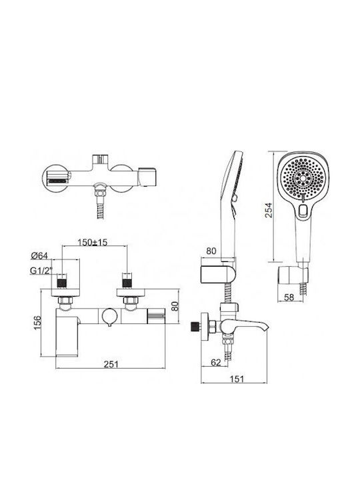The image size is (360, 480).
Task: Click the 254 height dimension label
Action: click(x=269, y=210)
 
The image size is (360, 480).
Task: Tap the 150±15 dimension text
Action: click(x=93, y=243)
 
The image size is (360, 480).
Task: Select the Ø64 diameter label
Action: click(x=39, y=255)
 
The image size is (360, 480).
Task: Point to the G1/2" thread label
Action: click(x=41, y=271)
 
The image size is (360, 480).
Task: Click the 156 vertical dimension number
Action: click(x=37, y=323)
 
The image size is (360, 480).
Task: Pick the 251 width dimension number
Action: click(x=111, y=364)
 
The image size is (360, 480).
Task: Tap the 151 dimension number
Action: click(x=237, y=379)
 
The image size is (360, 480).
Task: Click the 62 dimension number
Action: click(x=216, y=363)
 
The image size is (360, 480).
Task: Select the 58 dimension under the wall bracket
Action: click(x=289, y=297)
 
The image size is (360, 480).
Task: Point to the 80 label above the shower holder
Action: click(x=211, y=251)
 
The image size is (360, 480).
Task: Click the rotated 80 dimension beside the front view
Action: click(x=175, y=306)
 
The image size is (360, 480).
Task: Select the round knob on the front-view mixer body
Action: click(x=109, y=316)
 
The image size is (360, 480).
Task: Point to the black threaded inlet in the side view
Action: click(x=194, y=327)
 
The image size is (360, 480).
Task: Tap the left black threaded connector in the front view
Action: click(x=62, y=283)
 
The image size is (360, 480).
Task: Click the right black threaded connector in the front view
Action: click(x=127, y=283)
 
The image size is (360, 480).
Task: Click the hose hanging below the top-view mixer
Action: click(x=101, y=208)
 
